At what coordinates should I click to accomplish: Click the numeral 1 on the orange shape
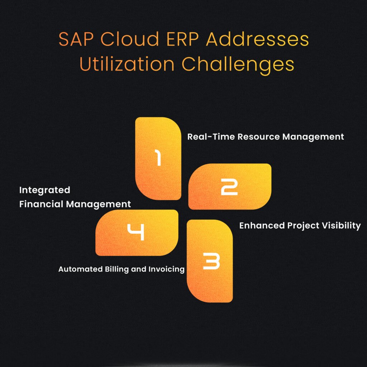(x=158, y=158)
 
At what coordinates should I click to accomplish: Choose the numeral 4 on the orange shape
(x=136, y=232)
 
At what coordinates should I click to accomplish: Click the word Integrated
(x=44, y=190)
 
